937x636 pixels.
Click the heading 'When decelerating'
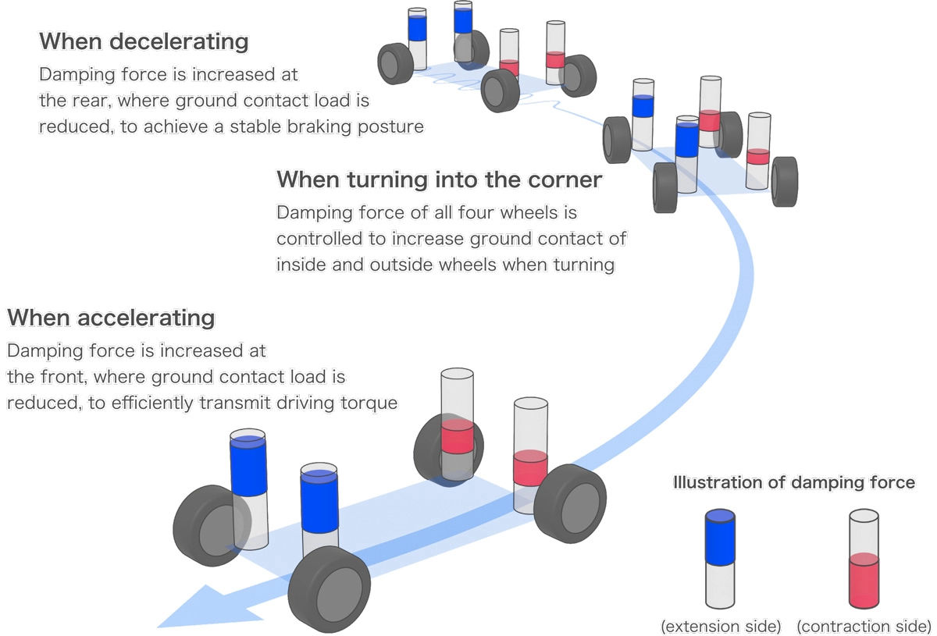coord(144,41)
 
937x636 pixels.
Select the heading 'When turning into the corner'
coord(439,179)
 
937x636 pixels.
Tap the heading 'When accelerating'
coord(110,318)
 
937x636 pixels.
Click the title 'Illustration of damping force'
coord(793,482)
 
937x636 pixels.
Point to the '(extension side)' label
coord(720,626)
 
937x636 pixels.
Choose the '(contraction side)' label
coord(863,626)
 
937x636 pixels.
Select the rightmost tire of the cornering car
coord(784,181)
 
